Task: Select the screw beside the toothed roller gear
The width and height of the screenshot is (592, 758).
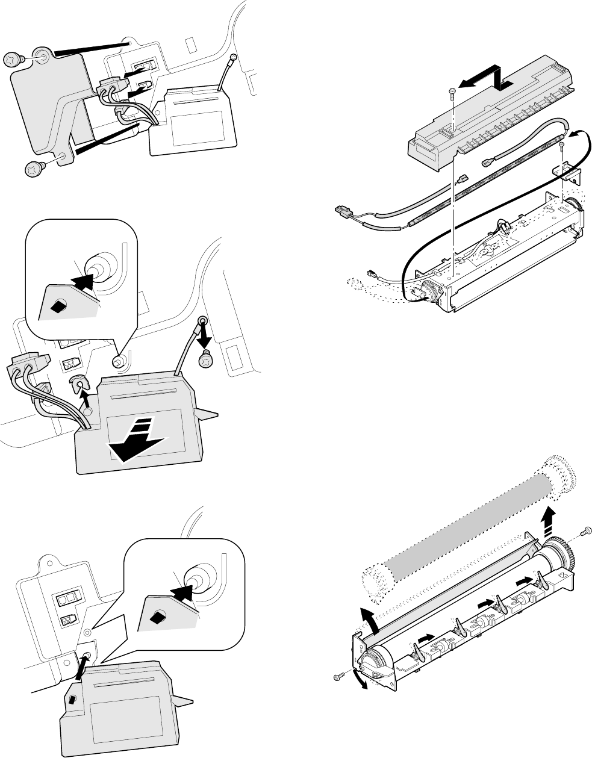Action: tap(586, 531)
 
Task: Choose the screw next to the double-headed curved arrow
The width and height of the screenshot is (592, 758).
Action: tap(339, 677)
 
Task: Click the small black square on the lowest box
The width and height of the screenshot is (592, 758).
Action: tap(71, 699)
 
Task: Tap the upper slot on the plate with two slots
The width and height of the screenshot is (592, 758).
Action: tap(64, 600)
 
